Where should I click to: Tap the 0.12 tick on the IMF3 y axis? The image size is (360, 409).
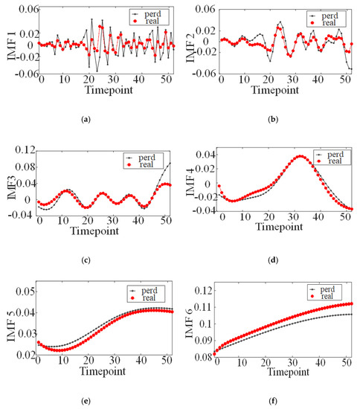pos(25,152)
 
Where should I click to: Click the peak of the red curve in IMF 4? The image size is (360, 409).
pos(299,157)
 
